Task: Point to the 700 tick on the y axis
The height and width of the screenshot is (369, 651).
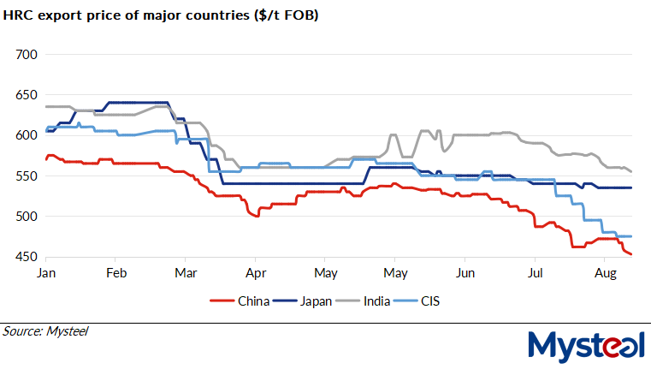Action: [28, 54]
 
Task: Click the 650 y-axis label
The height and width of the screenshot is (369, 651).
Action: [28, 95]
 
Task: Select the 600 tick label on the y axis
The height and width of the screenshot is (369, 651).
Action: [28, 135]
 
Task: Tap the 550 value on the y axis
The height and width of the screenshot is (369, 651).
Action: [28, 176]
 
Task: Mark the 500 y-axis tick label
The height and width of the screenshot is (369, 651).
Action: [28, 217]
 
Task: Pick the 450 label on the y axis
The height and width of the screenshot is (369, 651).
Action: [28, 257]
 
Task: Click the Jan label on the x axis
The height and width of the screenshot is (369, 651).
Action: [47, 273]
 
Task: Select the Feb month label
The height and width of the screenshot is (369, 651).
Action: [116, 273]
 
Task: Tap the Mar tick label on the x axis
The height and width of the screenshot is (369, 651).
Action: [186, 273]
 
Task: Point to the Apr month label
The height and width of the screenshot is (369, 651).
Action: [255, 273]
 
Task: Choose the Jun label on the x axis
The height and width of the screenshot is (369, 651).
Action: [464, 273]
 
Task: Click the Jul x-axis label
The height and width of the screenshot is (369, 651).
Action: [534, 273]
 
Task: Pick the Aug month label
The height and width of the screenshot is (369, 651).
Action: [604, 273]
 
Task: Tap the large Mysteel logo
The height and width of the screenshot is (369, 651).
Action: [585, 344]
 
